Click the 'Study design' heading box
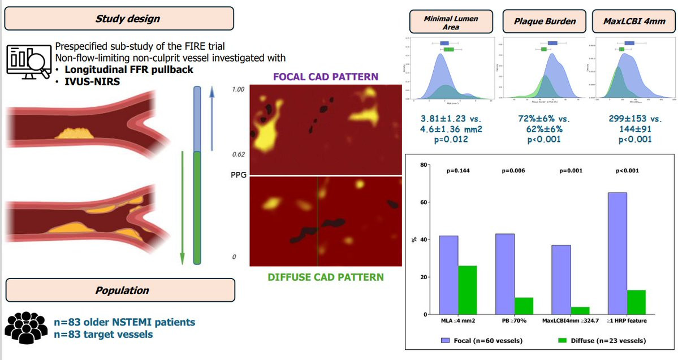pyautogui.click(x=119, y=18)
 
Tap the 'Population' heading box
pyautogui.click(x=119, y=290)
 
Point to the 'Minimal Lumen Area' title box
pyautogui.click(x=451, y=22)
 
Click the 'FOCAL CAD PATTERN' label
pyautogui.click(x=326, y=76)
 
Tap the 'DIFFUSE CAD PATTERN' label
pyautogui.click(x=326, y=277)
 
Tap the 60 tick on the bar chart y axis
pyautogui.click(x=424, y=202)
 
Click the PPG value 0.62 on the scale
pyautogui.click(x=238, y=154)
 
